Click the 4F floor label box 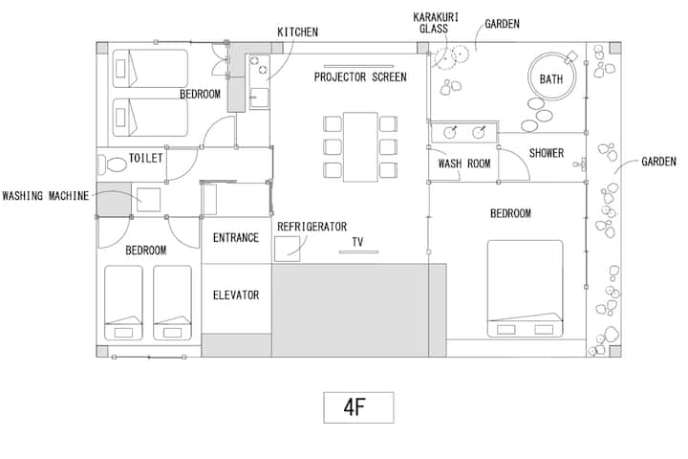358,407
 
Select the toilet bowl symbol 114,164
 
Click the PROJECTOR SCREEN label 360,77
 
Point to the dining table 360,146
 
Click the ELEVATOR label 236,295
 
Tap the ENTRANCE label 236,237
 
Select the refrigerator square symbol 288,249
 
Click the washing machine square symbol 148,200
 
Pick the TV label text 357,242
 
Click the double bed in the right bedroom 526,289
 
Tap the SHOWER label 547,153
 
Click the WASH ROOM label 464,164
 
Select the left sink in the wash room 450,132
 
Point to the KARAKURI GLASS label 436,23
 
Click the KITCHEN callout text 297,33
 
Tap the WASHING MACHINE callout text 46,196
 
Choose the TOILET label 145,158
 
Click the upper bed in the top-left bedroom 150,69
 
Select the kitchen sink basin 259,97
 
